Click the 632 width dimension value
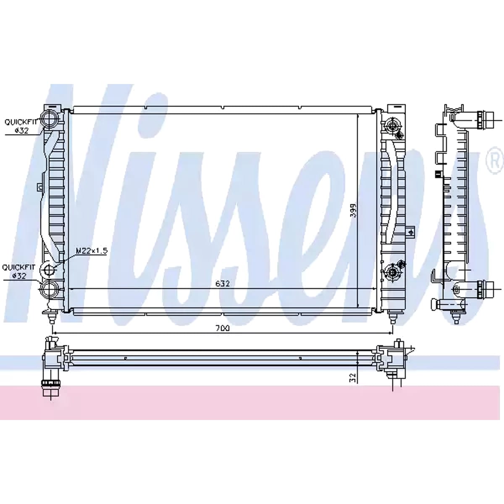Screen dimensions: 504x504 coord(223,283)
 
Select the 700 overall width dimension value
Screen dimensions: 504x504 coord(223,328)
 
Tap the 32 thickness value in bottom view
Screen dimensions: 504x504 coord(353,378)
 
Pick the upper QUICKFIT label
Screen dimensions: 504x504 coord(21,122)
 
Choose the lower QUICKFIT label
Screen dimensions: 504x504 coord(18,267)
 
